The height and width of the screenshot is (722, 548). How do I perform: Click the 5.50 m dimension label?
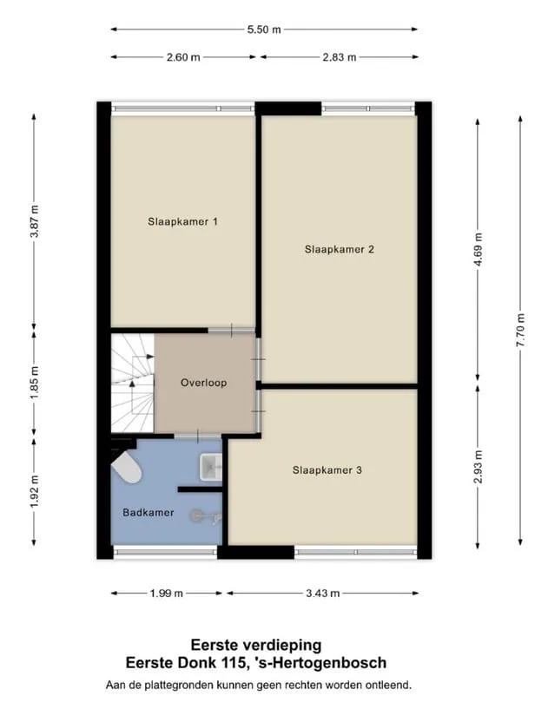click(264, 30)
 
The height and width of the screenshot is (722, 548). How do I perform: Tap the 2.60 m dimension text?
click(183, 57)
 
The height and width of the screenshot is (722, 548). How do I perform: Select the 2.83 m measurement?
click(340, 57)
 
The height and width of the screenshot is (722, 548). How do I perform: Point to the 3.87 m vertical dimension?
click(34, 221)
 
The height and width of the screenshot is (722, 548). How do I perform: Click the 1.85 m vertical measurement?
click(34, 383)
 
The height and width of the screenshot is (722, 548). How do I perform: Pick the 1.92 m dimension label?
click(34, 491)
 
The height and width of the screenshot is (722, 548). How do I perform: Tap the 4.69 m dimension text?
click(478, 250)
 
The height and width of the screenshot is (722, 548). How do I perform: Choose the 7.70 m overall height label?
click(521, 330)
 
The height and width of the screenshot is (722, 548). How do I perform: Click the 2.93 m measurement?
click(478, 467)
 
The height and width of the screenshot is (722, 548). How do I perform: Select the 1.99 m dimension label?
click(167, 594)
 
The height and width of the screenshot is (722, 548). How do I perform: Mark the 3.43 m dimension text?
click(322, 594)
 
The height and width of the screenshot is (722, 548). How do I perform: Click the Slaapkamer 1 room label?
click(182, 221)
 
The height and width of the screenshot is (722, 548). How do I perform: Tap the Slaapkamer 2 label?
click(340, 250)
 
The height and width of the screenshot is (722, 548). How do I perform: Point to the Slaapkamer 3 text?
click(327, 470)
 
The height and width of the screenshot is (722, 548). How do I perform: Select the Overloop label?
click(204, 383)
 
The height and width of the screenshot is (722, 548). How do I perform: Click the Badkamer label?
click(149, 513)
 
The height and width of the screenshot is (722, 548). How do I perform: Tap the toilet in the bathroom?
click(126, 468)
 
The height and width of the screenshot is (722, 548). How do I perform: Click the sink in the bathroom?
click(211, 467)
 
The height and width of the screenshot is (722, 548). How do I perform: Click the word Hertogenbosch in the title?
click(334, 663)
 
